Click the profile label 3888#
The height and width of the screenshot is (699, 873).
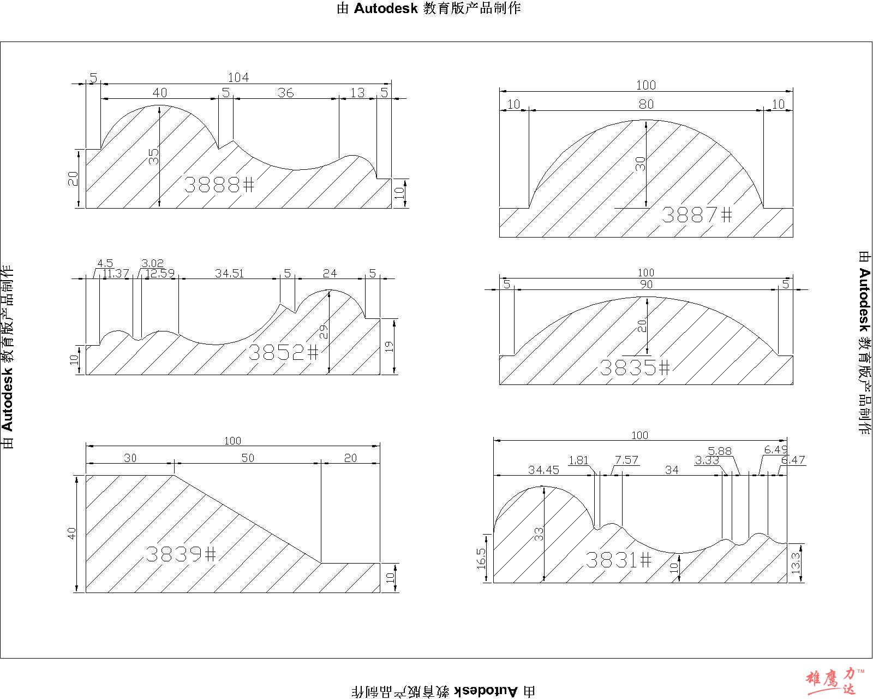pyautogui.click(x=219, y=185)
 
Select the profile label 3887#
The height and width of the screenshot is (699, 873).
pyautogui.click(x=697, y=215)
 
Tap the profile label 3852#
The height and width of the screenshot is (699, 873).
pyautogui.click(x=284, y=352)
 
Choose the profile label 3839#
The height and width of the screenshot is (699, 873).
pyautogui.click(x=181, y=554)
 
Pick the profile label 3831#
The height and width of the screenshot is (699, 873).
pyautogui.click(x=619, y=560)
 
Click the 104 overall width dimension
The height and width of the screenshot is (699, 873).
pyautogui.click(x=238, y=77)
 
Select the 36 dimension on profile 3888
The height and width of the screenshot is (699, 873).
pyautogui.click(x=285, y=93)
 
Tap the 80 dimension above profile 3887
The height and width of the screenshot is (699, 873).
pyautogui.click(x=646, y=104)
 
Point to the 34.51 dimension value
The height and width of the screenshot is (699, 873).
pyautogui.click(x=229, y=274)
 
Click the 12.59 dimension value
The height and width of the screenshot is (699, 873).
pyautogui.click(x=159, y=274)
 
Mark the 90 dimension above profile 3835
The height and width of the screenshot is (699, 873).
pyautogui.click(x=646, y=285)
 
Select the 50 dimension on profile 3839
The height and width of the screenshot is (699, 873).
pyautogui.click(x=248, y=458)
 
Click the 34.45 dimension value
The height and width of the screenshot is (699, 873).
pyautogui.click(x=543, y=470)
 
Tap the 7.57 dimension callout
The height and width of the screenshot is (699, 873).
pyautogui.click(x=626, y=460)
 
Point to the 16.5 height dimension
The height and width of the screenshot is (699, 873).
pyautogui.click(x=481, y=559)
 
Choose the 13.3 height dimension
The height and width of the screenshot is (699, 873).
pyautogui.click(x=796, y=562)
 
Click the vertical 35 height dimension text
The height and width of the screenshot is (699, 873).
pyautogui.click(x=154, y=156)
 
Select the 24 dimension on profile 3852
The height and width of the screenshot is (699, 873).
pyautogui.click(x=330, y=274)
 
